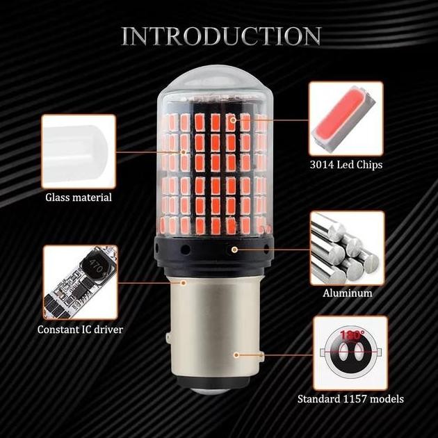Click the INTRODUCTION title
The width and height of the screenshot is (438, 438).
221,36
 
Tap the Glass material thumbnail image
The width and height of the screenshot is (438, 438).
78,150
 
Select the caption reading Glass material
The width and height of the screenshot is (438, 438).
79,197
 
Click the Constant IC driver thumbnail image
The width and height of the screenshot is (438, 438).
79,281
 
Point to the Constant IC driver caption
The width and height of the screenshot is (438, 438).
80,329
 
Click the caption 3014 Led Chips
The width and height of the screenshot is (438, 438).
346,165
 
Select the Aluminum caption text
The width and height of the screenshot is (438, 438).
348,293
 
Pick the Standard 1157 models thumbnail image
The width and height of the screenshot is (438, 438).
350,352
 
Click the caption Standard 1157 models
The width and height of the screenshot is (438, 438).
350,399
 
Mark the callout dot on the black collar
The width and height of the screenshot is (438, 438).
235,248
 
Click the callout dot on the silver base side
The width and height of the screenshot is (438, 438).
236,355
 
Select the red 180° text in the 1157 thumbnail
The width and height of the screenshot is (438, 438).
352,335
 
